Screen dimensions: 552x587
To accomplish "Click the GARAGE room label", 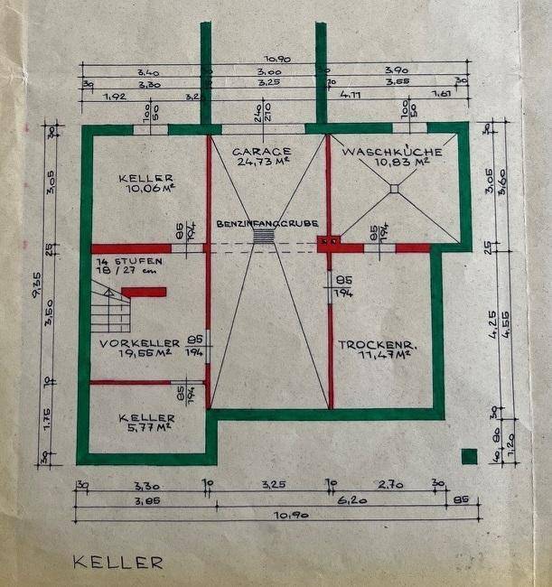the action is pyautogui.click(x=261, y=151).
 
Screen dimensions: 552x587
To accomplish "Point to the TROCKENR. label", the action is pyautogui.click(x=374, y=344).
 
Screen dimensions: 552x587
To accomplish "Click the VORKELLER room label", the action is pyautogui.click(x=136, y=344).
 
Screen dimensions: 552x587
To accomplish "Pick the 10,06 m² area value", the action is pyautogui.click(x=150, y=191).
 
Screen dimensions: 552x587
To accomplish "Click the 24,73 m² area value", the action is pyautogui.click(x=262, y=163).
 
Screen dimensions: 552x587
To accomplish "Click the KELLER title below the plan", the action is pyautogui.click(x=118, y=562).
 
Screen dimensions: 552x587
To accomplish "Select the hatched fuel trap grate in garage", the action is pyautogui.click(x=263, y=236).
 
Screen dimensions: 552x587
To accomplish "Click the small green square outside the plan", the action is pyautogui.click(x=468, y=456).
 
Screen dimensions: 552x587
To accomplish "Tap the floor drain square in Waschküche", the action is pyautogui.click(x=394, y=190).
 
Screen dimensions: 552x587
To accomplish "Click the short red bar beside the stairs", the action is pyautogui.click(x=144, y=292).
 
